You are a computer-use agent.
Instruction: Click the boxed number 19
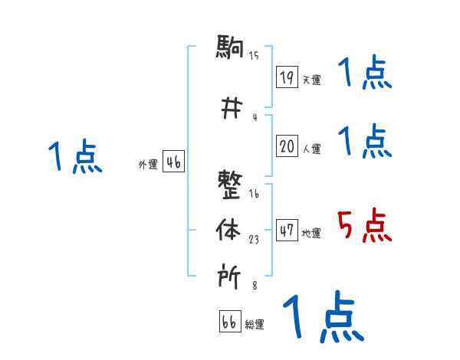click(287, 77)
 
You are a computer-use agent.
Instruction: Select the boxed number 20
click(287, 146)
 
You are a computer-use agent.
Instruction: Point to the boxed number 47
click(287, 231)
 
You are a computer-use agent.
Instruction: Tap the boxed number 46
click(173, 162)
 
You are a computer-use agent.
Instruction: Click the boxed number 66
click(229, 322)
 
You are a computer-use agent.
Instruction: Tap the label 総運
click(255, 325)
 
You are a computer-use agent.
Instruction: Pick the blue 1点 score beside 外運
click(74, 157)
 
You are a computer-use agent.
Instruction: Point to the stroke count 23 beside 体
click(253, 239)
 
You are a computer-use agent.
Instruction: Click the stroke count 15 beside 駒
click(254, 55)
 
